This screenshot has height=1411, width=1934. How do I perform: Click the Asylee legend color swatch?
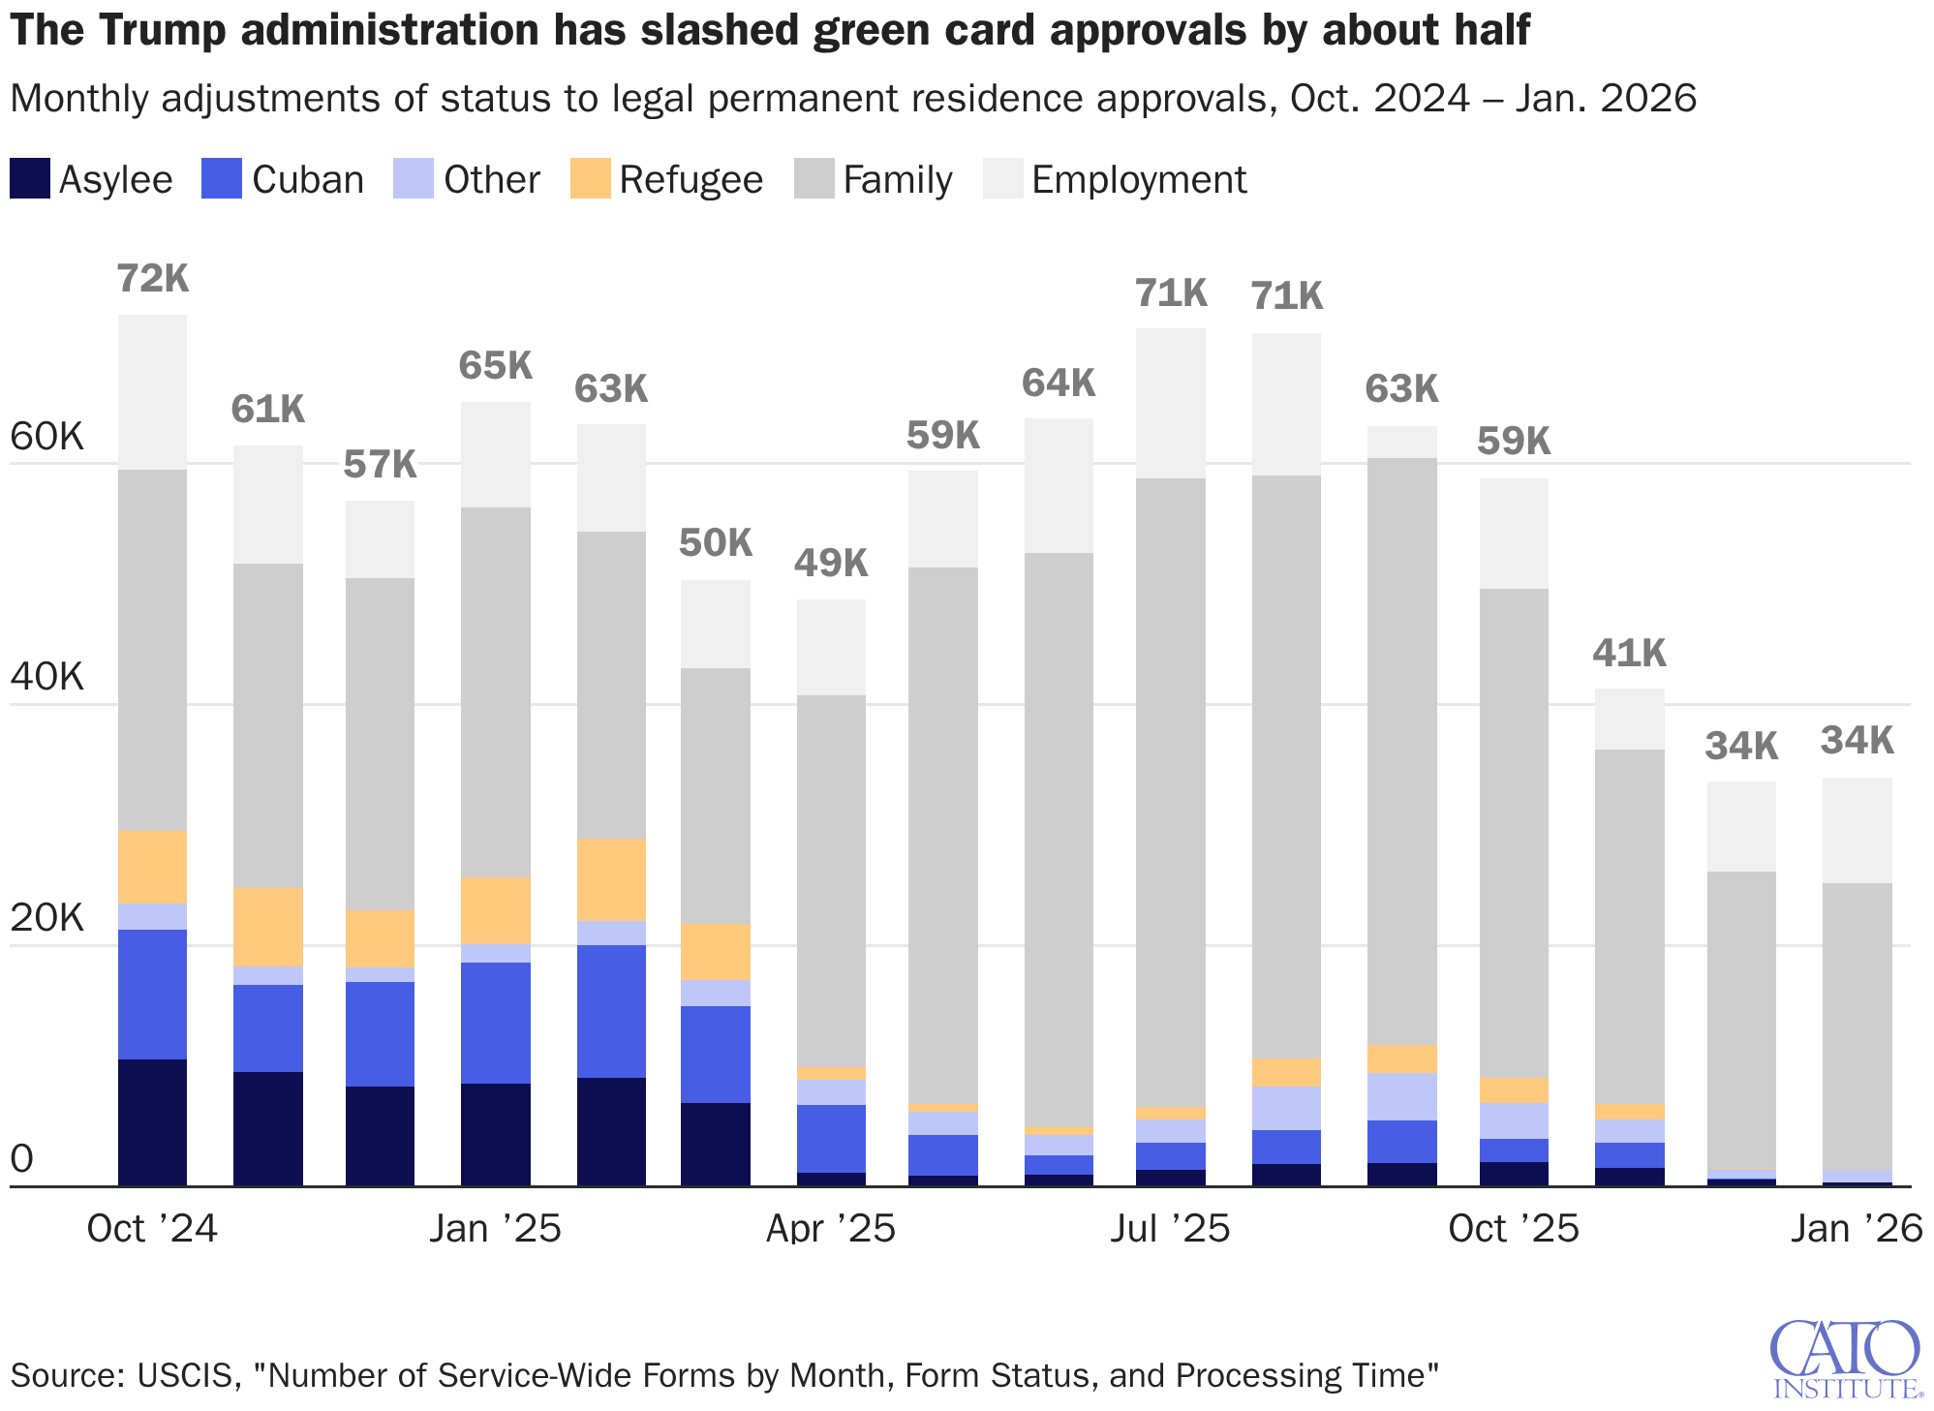point(29,179)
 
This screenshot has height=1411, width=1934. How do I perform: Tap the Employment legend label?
point(1138,180)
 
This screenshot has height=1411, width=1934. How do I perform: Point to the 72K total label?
point(152,279)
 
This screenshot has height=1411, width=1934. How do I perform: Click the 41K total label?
point(1629,654)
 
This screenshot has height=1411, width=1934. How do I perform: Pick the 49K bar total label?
point(831,563)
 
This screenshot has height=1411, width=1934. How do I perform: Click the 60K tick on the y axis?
point(46,438)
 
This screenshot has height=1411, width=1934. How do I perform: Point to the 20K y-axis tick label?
point(46,919)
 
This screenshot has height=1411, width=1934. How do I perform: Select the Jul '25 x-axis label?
point(1170,1229)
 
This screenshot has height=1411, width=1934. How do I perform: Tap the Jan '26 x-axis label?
point(1856,1229)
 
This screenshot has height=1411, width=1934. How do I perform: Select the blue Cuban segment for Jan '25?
point(495,1022)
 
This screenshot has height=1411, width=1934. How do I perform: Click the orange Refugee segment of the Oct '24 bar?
point(152,866)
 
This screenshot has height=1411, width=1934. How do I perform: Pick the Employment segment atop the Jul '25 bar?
point(1170,403)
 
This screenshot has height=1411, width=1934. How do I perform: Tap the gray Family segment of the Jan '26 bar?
point(1857,1027)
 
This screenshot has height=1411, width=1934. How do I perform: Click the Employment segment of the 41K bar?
point(1629,719)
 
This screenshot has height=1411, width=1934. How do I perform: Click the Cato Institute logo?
point(1846,1359)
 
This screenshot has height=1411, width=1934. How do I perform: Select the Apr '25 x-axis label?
point(830,1229)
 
